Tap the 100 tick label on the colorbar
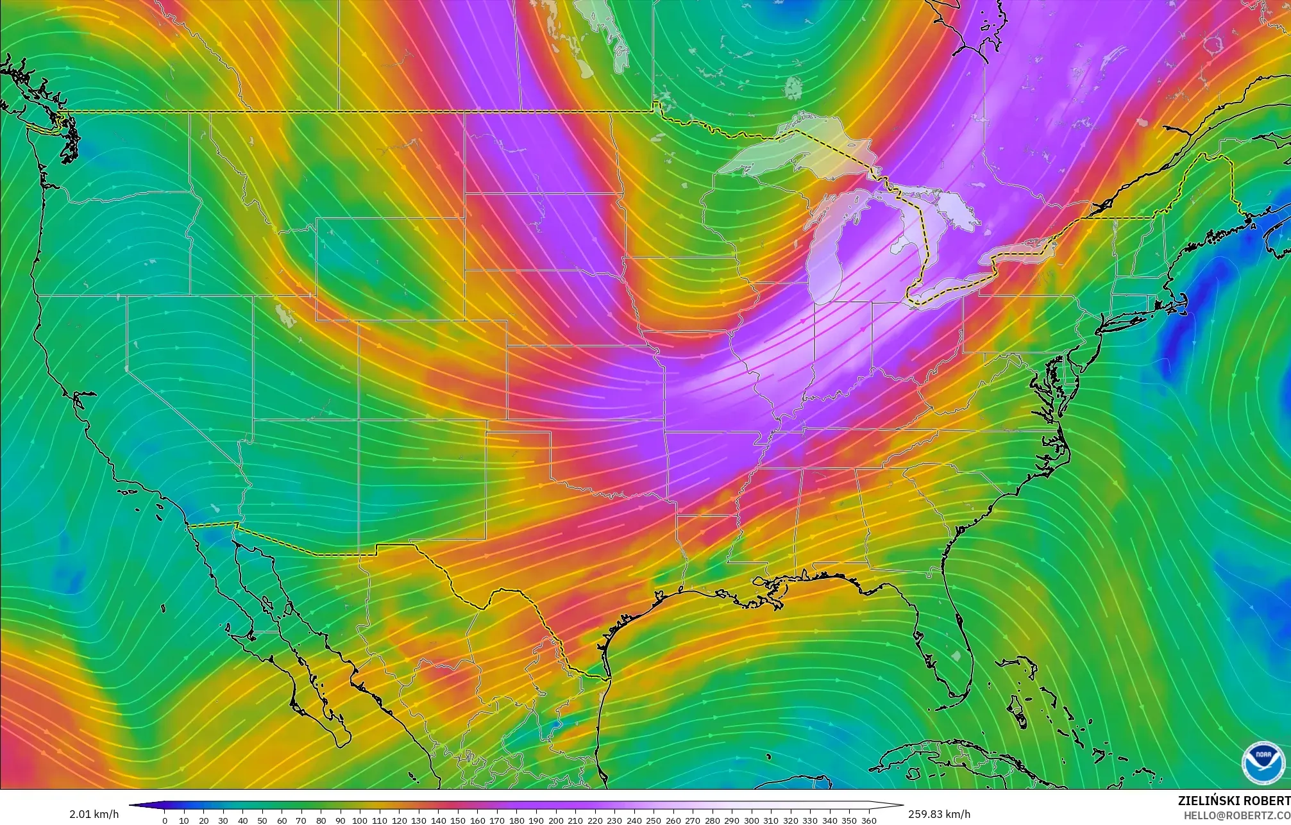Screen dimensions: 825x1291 coord(360,821)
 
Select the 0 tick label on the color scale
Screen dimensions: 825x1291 coord(165,821)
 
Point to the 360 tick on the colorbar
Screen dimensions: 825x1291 coord(868,821)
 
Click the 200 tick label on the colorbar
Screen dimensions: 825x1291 coord(555,821)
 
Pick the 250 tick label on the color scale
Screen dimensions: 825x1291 coord(654,821)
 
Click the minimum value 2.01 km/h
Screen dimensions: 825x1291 coord(94,814)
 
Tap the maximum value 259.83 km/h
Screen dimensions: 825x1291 coord(939,814)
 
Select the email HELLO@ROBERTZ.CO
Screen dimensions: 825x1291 coord(1236,815)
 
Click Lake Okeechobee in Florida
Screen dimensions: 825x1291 coord(957,656)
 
